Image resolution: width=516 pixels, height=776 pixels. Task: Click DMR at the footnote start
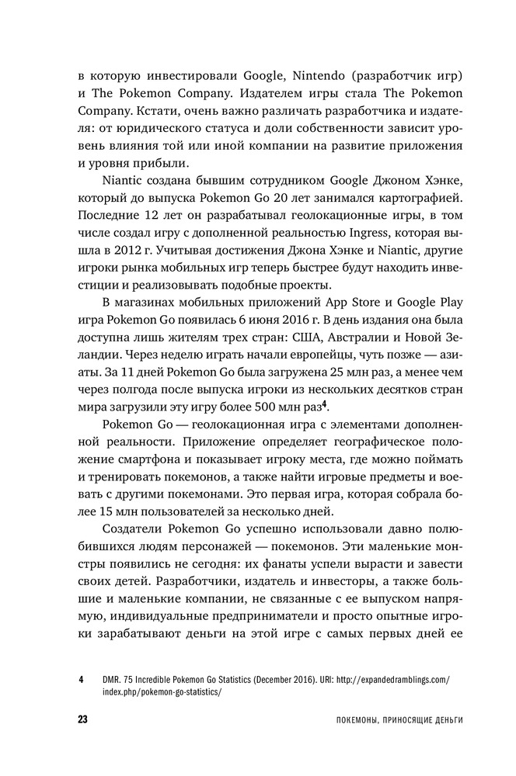(x=109, y=681)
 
